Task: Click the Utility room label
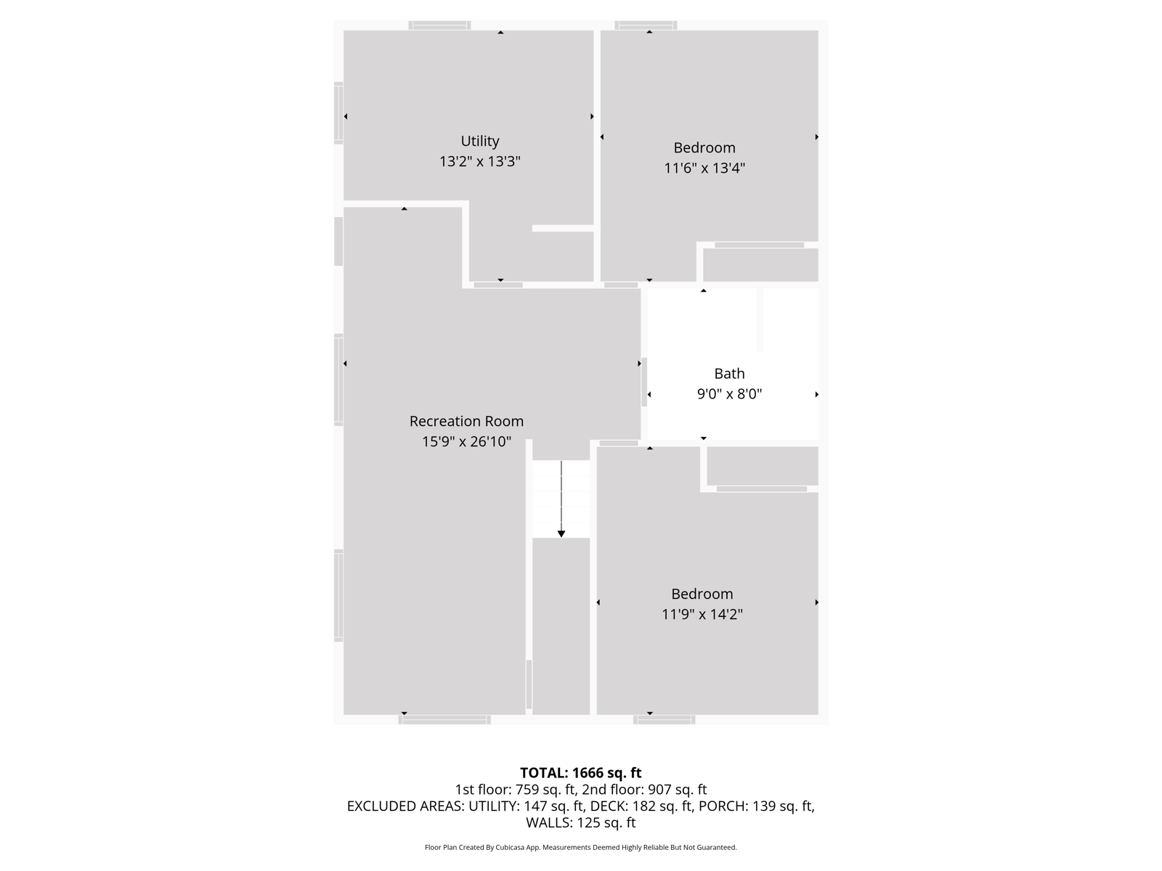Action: [x=479, y=142]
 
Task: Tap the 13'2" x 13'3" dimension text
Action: [x=479, y=161]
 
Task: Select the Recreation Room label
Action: [x=466, y=421]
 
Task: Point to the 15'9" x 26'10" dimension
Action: [x=466, y=441]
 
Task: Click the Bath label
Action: [x=729, y=374]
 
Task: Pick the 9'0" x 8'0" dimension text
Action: [x=729, y=394]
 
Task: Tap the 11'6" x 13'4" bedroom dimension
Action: [x=704, y=168]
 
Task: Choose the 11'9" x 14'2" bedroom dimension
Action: [x=702, y=614]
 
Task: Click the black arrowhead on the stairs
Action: [x=561, y=534]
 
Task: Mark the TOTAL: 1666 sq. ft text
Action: [x=581, y=772]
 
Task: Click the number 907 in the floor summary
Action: [x=659, y=790]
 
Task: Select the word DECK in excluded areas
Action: [x=604, y=806]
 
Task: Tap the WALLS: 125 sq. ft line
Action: [x=581, y=822]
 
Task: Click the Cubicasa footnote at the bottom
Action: [x=581, y=847]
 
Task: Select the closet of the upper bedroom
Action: [x=760, y=264]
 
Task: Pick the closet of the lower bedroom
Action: [x=763, y=465]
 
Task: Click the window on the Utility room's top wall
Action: [x=439, y=25]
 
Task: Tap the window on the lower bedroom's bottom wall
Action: [x=665, y=720]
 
